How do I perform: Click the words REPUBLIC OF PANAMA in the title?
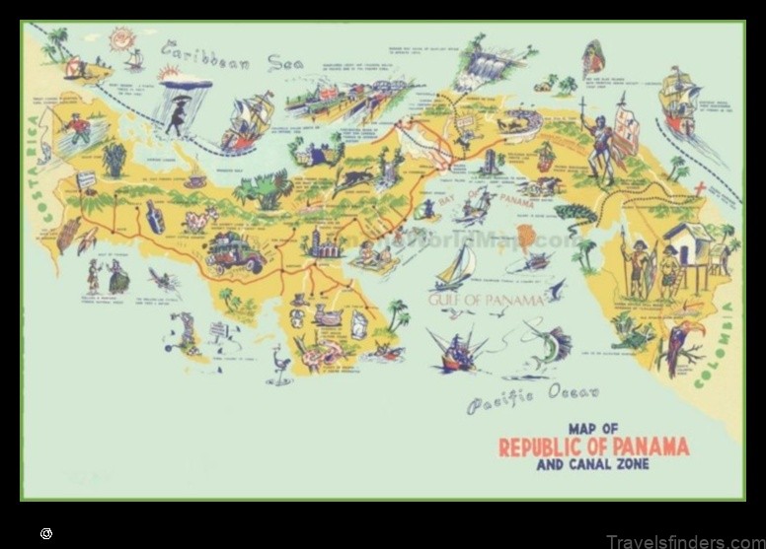point(593,446)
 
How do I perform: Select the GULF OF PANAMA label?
point(486,299)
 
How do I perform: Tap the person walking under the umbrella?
point(179,110)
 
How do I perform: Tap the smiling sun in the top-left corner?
point(123,39)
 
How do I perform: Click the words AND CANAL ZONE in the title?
point(592,464)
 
